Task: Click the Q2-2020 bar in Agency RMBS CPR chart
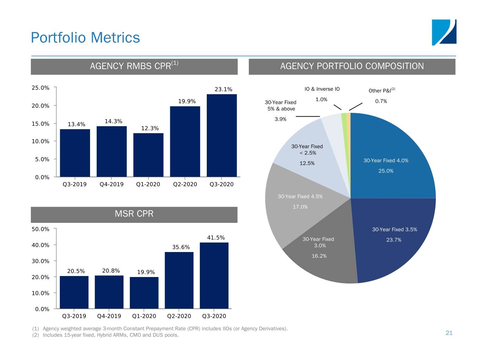coord(185,141)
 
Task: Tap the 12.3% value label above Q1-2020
coord(150,128)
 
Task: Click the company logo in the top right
coord(444,32)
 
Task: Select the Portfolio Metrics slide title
coord(85,38)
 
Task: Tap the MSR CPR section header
coord(134,214)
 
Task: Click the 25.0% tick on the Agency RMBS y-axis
coord(40,88)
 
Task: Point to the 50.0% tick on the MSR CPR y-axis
coord(40,229)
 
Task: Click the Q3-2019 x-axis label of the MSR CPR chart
coord(74,316)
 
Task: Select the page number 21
coord(449,333)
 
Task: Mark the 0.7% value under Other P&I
coord(381,101)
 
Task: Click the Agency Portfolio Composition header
coord(352,66)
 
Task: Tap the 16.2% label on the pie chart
coord(319,256)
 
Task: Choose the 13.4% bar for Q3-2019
coord(75,153)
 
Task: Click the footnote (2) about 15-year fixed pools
coord(105,335)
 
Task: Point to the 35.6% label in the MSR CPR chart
coord(181,247)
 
